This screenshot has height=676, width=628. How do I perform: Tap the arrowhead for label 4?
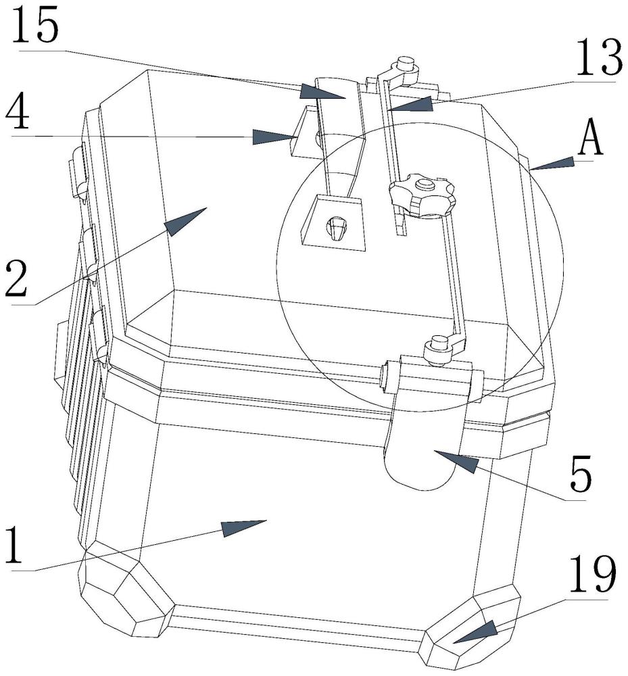tap(274, 137)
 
